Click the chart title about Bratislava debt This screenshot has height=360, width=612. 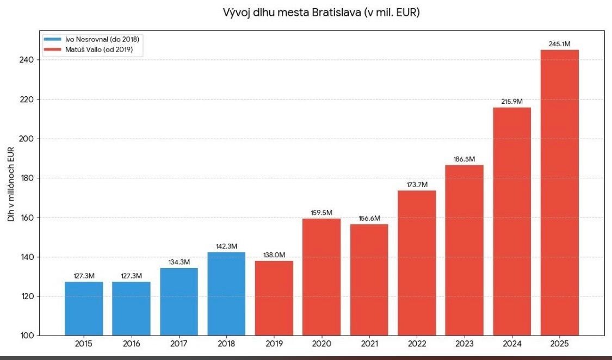pyautogui.click(x=321, y=13)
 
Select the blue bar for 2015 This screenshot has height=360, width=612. pyautogui.click(x=84, y=308)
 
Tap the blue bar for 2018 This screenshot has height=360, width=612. pyautogui.click(x=226, y=294)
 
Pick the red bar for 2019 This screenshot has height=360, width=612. pyautogui.click(x=274, y=298)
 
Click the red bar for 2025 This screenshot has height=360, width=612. pyautogui.click(x=560, y=193)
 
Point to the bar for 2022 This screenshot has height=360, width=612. pyautogui.click(x=417, y=263)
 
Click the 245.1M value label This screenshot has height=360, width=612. pyautogui.click(x=559, y=44)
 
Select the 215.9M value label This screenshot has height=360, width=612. pyautogui.click(x=512, y=101)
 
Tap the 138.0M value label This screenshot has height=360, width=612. pyautogui.click(x=274, y=255)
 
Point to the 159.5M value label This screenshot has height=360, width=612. pyautogui.click(x=322, y=213)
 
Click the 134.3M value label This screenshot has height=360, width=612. pyautogui.click(x=179, y=262)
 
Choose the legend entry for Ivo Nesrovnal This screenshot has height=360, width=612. pyautogui.click(x=91, y=39)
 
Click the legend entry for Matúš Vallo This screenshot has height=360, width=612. pyautogui.click(x=88, y=49)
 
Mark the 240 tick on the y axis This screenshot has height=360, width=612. pyautogui.click(x=27, y=60)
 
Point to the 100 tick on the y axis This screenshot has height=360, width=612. pyautogui.click(x=27, y=336)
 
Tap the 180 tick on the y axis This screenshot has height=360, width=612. pyautogui.click(x=27, y=178)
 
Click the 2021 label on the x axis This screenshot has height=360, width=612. pyautogui.click(x=369, y=344)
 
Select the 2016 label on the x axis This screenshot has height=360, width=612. pyautogui.click(x=132, y=344)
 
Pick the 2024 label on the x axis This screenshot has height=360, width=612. pyautogui.click(x=512, y=344)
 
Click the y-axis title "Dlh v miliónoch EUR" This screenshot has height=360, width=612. pyautogui.click(x=11, y=184)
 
